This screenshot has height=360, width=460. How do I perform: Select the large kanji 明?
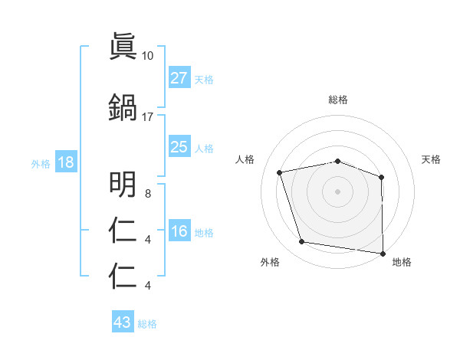pos(123,183)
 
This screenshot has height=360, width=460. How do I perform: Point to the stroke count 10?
pos(148,56)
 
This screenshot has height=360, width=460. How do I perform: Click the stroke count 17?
pos(148,117)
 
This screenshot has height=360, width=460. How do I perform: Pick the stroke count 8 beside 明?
pos(147,194)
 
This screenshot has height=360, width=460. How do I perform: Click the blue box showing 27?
pos(179,78)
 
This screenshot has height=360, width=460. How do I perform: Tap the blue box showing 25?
pos(179,147)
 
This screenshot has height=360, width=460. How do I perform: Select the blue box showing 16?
pos(179,231)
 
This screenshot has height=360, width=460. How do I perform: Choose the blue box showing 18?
pos(65,163)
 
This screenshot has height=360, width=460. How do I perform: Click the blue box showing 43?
pos(122,322)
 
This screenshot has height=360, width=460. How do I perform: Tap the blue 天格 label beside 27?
pos(204,79)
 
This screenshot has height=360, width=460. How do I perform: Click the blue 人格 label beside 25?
pos(204,148)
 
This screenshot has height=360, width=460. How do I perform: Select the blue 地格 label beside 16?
pos(204,232)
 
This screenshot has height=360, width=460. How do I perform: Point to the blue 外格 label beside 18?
pos(41,164)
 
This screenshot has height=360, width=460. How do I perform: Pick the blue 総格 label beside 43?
pos(147,323)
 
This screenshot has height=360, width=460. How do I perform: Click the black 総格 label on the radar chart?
pos(338,100)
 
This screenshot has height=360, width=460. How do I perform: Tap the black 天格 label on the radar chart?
pos(431,159)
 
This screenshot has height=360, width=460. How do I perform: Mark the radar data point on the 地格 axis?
pos(383,253)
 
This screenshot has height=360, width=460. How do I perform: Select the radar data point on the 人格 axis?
pos(280,172)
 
